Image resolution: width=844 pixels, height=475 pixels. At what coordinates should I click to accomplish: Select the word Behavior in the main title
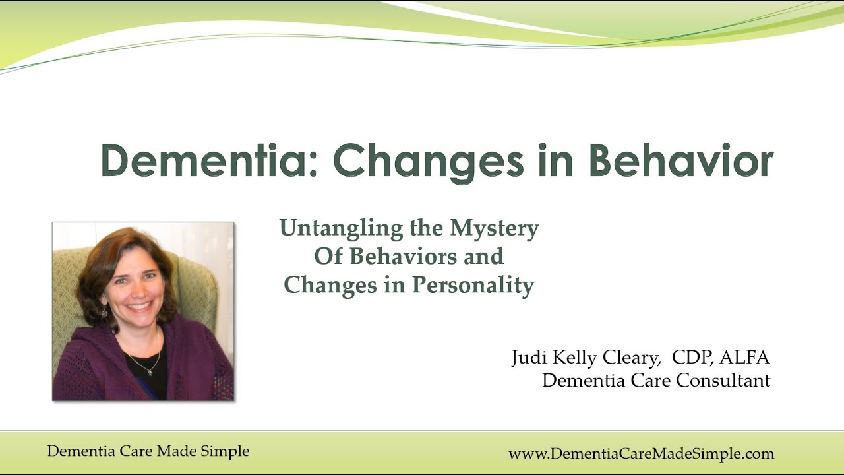pos(681,160)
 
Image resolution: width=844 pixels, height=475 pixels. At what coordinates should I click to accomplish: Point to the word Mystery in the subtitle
pos(495,228)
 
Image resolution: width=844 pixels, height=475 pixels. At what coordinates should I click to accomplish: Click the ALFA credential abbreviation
pos(744,358)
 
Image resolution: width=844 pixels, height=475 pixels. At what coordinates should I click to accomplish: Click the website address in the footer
pos(641,454)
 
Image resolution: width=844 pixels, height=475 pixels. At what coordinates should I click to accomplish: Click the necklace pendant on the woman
pos(151,371)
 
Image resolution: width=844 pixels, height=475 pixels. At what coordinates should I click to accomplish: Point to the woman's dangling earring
pos(104,312)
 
